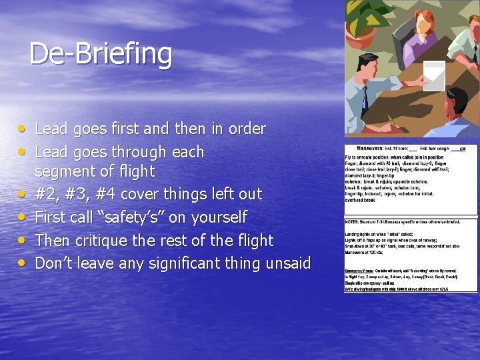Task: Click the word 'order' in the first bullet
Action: [244, 129]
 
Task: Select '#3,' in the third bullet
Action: [99, 195]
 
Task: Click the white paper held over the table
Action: [434, 75]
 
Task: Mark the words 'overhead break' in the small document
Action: [360, 199]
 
